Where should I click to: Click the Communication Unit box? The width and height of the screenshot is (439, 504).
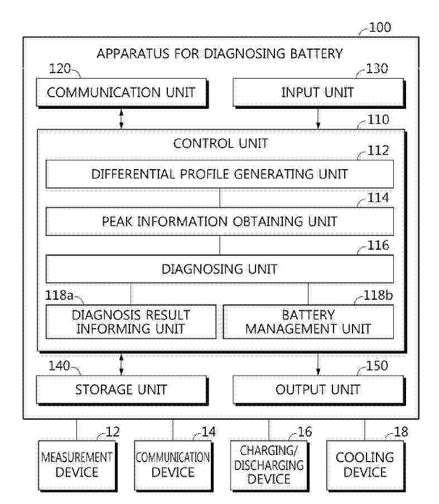click(122, 93)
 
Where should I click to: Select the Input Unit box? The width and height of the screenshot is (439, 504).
click(319, 93)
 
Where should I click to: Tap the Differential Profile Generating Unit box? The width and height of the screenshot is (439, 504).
click(220, 174)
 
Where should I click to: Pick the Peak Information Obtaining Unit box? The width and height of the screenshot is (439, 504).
click(220, 222)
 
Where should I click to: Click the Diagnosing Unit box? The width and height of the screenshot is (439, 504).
click(220, 269)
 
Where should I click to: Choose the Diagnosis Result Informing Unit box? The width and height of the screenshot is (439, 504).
click(131, 321)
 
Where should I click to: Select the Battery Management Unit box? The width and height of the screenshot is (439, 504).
click(308, 321)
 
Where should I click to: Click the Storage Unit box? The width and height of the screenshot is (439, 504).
click(122, 390)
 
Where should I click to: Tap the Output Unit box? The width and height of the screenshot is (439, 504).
click(319, 390)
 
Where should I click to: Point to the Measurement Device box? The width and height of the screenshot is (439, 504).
click(78, 465)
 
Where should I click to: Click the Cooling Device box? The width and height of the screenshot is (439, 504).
click(365, 465)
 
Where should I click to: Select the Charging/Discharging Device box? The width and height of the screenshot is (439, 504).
click(269, 465)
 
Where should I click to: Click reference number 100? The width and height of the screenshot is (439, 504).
click(380, 27)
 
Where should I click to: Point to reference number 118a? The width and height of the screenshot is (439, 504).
click(59, 295)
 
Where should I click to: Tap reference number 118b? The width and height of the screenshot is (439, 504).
click(378, 295)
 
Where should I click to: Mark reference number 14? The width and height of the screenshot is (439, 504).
click(209, 431)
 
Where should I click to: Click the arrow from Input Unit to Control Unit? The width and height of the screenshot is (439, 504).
click(319, 119)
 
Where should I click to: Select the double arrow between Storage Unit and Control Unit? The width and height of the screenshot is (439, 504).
click(122, 364)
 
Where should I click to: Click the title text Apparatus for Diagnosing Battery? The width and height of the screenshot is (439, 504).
click(220, 54)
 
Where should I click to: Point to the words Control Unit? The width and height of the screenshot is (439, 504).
click(221, 143)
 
